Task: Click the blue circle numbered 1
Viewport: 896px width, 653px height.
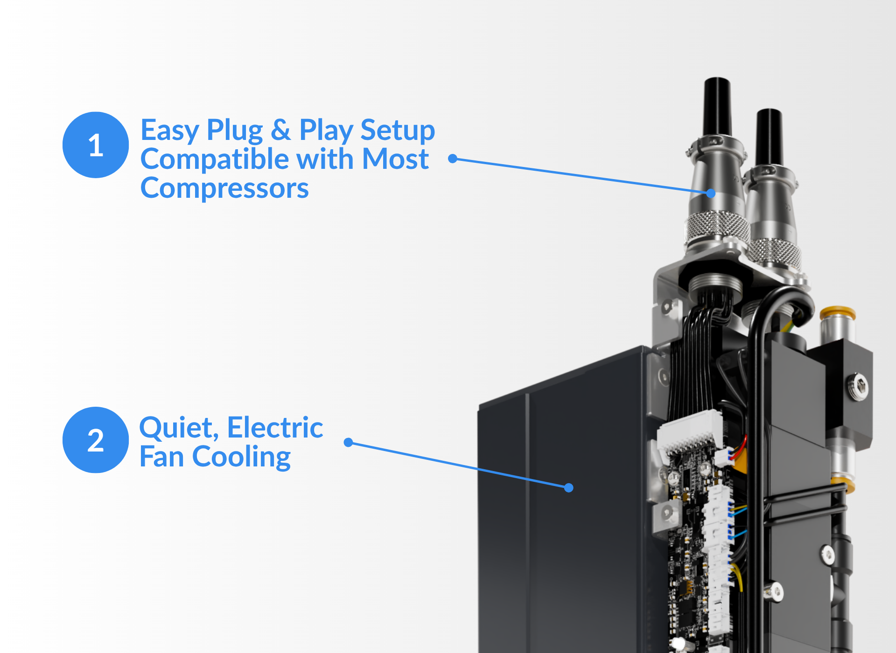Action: pos(96,145)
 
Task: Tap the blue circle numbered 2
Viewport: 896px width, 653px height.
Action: pos(96,440)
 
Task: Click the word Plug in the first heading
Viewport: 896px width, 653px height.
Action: pos(235,131)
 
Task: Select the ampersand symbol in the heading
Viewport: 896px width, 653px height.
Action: pos(281,129)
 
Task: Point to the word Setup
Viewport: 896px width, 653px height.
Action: pos(398,131)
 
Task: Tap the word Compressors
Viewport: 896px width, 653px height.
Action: pos(224,188)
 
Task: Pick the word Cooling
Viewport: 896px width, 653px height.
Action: pos(241,457)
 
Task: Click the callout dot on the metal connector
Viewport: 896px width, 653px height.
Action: pos(711,193)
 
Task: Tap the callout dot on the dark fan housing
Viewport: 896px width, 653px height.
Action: pos(568,488)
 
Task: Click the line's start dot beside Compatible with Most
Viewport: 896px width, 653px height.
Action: pos(452,159)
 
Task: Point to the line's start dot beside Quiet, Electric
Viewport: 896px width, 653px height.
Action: pos(348,442)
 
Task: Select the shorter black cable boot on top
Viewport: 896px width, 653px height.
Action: pos(770,136)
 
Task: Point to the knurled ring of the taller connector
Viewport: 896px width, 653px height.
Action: pos(717,227)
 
